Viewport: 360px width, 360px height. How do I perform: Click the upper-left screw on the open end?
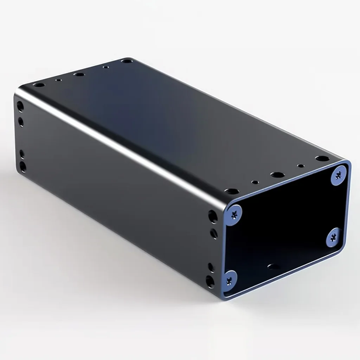coord(233,213)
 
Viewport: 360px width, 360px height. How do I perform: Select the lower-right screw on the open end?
coord(334,237)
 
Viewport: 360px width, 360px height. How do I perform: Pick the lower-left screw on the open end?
coord(230,279)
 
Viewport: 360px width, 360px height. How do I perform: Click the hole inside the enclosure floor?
coord(274,266)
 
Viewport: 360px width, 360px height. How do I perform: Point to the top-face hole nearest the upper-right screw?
coord(322,159)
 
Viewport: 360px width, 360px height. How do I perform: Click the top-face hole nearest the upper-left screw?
coord(231,192)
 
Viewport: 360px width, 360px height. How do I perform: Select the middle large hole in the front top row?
coord(277,175)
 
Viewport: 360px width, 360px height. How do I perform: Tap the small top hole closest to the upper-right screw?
coord(300,166)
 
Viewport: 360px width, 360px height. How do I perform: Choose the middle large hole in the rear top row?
coord(79,75)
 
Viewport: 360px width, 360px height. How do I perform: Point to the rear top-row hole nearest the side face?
coord(39,85)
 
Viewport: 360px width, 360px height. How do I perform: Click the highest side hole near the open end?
coord(213,216)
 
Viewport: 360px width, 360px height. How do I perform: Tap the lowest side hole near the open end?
coord(210,281)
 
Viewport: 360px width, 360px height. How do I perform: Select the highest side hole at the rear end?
coord(20,106)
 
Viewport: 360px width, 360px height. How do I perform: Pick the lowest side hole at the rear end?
coord(23,166)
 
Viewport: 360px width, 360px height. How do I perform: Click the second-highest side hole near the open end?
coord(214,233)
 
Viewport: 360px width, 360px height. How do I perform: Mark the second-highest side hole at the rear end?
coord(21,122)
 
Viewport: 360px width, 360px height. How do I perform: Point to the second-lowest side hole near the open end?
coord(211,267)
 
